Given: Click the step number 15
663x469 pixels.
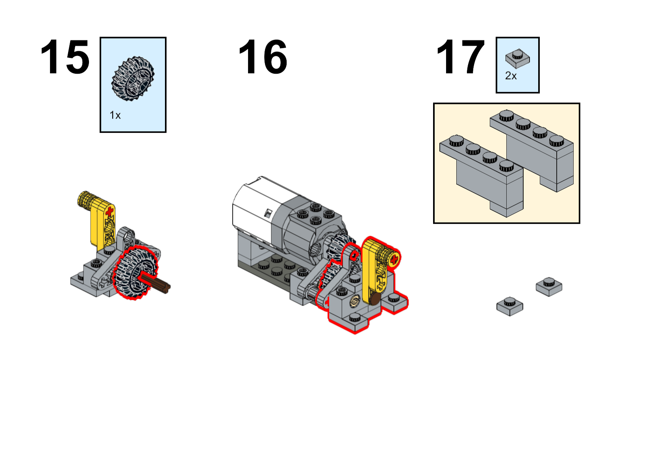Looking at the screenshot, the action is (65, 57).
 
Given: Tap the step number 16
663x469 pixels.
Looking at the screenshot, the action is (263, 57).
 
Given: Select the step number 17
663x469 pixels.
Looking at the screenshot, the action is (460, 57).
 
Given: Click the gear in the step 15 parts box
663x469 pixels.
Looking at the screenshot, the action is (133, 78).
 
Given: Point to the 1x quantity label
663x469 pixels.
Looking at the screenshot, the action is (115, 115).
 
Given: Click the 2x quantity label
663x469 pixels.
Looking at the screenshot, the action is (511, 76).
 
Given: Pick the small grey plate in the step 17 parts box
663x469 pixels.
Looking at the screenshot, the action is (518, 59).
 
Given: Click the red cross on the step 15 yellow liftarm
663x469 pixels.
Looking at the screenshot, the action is (109, 211).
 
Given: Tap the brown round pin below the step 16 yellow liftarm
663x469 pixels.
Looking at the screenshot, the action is (375, 298).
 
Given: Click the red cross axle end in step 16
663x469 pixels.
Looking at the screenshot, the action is (394, 260).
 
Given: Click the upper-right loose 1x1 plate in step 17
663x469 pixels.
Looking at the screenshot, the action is (549, 287).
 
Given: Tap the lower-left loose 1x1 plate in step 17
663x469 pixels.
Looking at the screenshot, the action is (510, 306).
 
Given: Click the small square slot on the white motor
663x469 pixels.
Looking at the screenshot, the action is (268, 213).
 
